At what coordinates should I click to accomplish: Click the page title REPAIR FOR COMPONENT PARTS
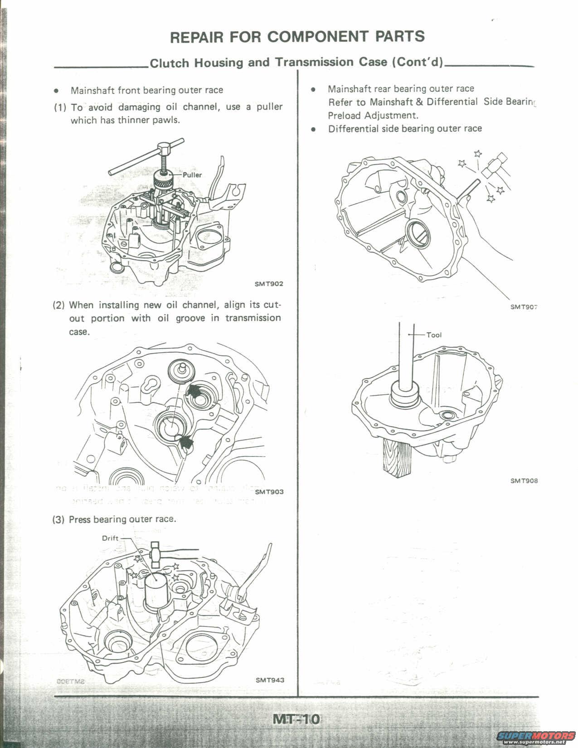point(297,37)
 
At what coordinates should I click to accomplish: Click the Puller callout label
point(192,175)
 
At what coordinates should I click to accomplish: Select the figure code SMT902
point(269,284)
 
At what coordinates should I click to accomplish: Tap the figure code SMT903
point(269,492)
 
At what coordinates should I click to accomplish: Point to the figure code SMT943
point(270,680)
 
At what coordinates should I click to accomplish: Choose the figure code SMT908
point(524,481)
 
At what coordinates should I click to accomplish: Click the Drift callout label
point(110,538)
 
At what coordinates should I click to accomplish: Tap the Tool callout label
point(434,335)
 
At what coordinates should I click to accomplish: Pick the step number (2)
point(59,305)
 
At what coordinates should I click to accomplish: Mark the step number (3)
point(59,520)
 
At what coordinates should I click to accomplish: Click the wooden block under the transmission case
point(395,458)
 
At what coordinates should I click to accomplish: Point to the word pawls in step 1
point(167,121)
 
